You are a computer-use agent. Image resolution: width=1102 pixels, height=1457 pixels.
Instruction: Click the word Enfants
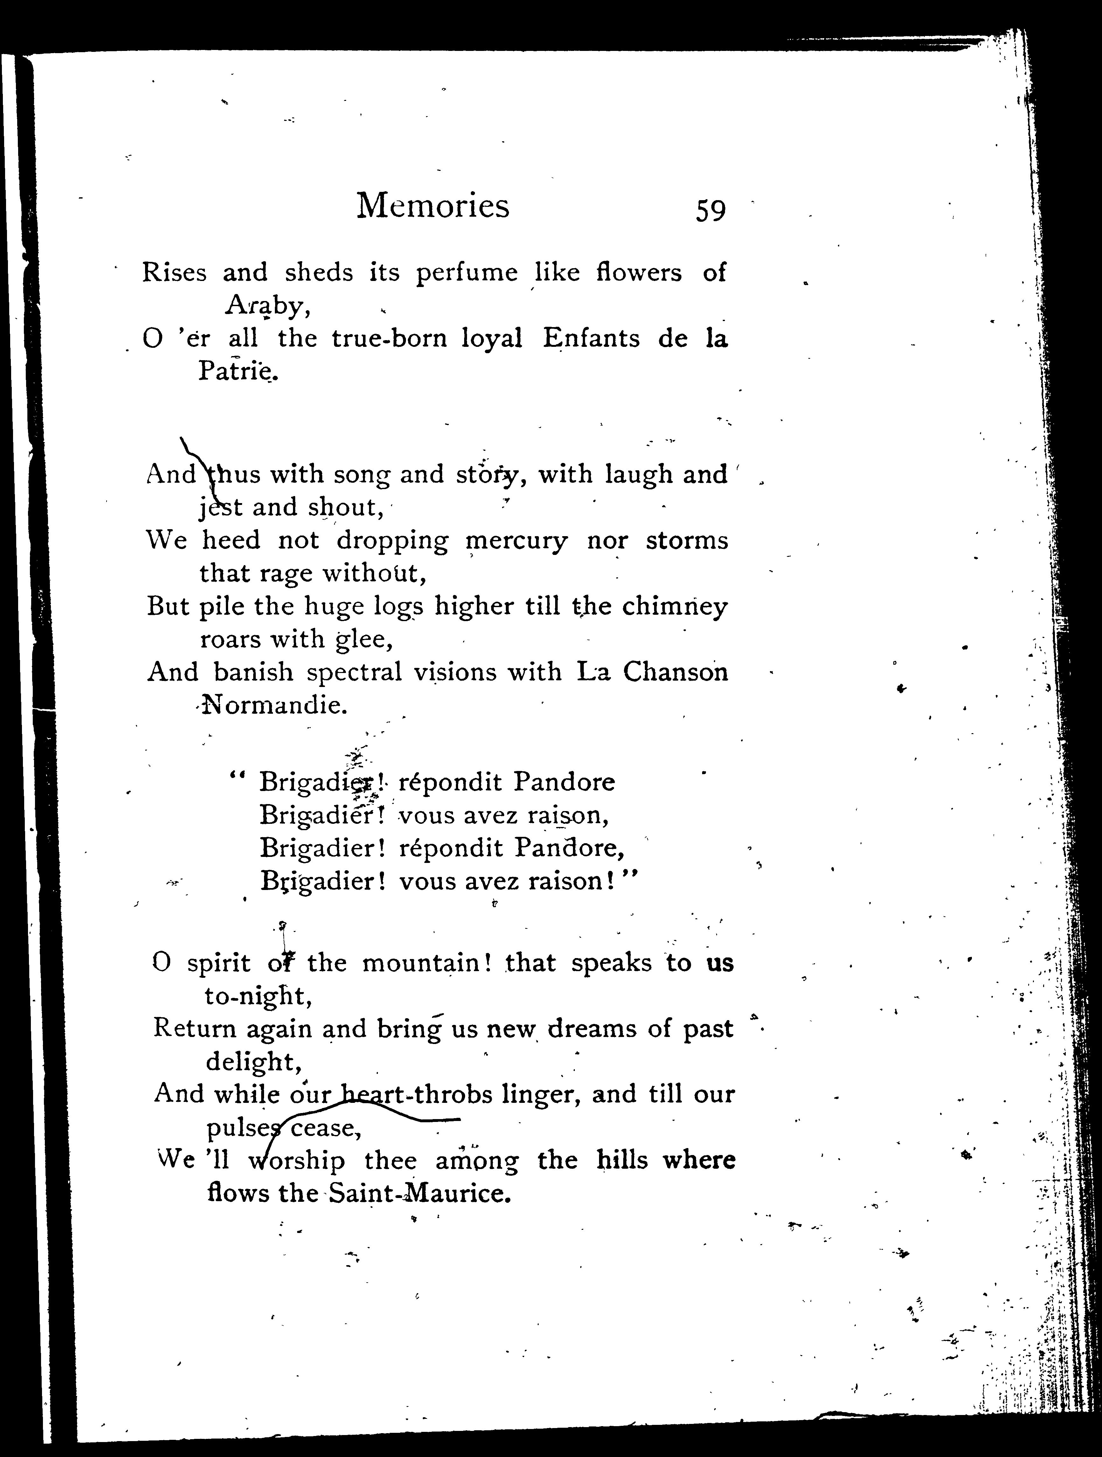591,339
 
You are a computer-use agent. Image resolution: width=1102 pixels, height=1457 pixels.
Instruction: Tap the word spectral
354,673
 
